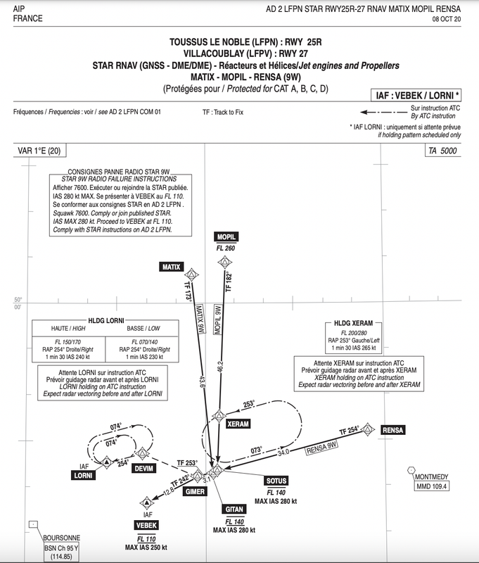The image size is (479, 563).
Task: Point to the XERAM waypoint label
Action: [x=238, y=424]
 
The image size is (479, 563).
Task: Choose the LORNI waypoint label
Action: [x=84, y=475]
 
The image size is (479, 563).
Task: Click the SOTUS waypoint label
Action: [x=274, y=481]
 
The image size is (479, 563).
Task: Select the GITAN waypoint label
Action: [x=234, y=509]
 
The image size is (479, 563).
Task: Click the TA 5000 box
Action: [x=444, y=151]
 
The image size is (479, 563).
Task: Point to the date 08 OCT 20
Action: [x=459, y=20]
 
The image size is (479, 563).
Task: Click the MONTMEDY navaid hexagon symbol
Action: [x=411, y=472]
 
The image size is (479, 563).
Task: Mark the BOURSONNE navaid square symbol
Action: [x=33, y=525]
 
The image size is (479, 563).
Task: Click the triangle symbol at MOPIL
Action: [x=224, y=263]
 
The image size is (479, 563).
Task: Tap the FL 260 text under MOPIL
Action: [x=225, y=248]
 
